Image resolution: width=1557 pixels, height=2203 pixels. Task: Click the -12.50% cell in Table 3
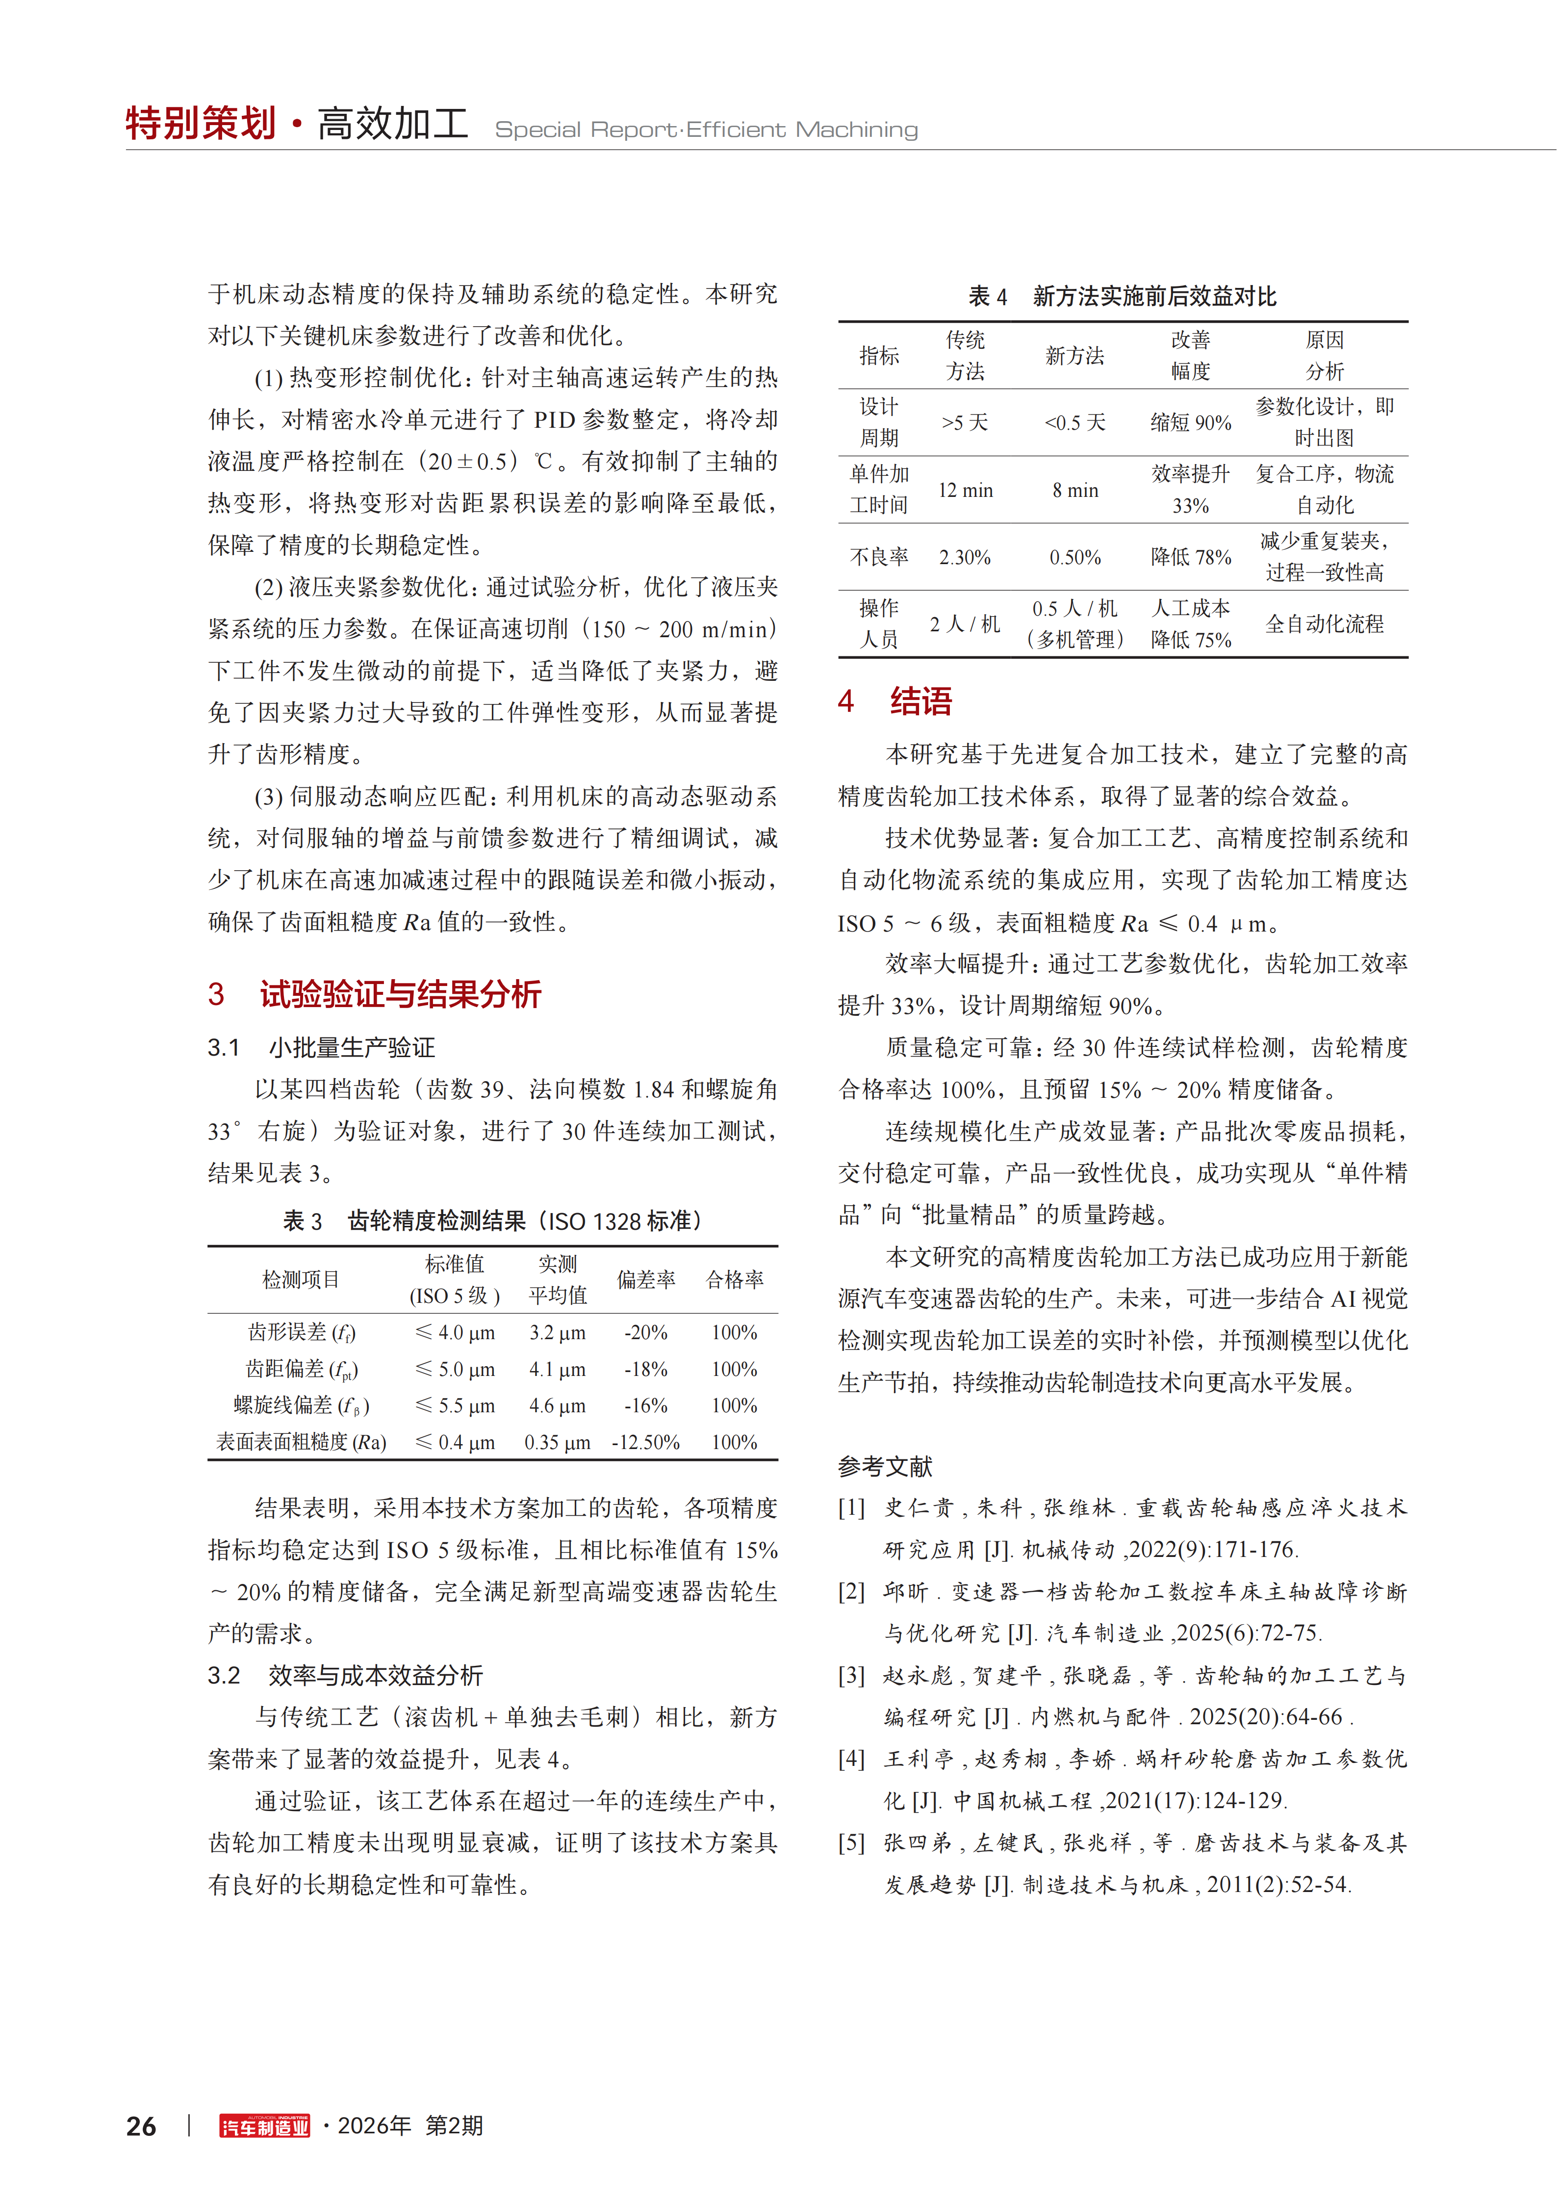pos(646,1442)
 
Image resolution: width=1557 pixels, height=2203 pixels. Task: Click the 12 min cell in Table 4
pos(965,491)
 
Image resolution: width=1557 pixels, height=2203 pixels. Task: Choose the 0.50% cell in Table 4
pos(1074,557)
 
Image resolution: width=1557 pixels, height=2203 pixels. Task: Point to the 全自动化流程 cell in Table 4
pos(1324,624)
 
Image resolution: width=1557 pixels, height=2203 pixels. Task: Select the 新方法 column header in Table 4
pos(1074,356)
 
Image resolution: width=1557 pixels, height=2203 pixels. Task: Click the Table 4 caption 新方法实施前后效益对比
pos(1154,296)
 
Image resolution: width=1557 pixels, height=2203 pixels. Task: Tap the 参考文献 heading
pos(885,1466)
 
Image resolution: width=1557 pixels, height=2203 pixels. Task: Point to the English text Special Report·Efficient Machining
pos(706,130)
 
